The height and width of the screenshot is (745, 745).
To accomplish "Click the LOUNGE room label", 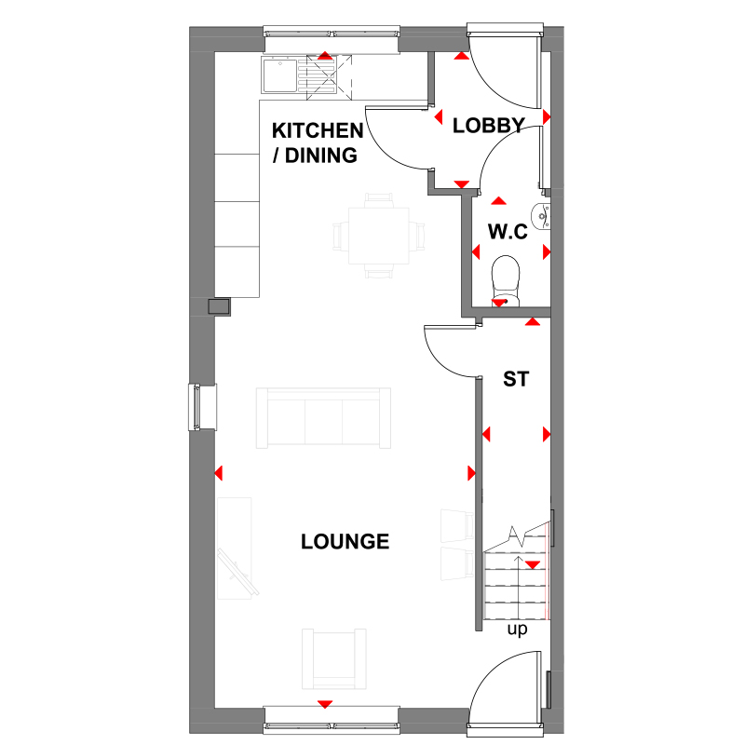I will tap(345, 541).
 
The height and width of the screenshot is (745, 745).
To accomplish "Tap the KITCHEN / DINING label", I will tap(316, 142).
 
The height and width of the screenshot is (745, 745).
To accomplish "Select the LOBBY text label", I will tap(489, 126).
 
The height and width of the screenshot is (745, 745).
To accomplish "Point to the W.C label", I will tap(508, 231).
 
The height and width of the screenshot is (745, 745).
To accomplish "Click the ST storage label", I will tap(516, 380).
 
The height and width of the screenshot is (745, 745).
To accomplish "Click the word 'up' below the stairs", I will tap(517, 630).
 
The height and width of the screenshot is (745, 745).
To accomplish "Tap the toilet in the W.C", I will tap(504, 278).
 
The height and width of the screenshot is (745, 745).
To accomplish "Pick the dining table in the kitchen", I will tap(378, 236).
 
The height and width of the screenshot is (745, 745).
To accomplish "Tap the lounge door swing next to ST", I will tap(449, 349).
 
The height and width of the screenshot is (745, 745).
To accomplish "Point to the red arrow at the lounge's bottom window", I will tap(325, 704).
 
